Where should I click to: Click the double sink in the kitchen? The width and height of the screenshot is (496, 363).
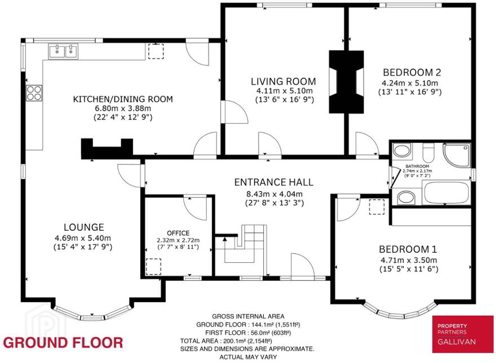[63, 51]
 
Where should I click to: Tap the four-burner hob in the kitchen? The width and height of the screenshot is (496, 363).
[34, 93]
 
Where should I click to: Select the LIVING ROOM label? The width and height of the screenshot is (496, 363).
[284, 82]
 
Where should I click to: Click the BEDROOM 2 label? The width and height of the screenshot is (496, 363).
[412, 73]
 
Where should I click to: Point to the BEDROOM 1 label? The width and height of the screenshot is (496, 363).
[408, 249]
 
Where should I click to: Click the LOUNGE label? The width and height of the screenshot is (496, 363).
[84, 227]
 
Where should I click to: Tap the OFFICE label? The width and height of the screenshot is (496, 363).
[178, 233]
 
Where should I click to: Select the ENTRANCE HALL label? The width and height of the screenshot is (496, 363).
[274, 182]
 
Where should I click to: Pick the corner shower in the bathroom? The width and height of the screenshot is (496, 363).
[457, 155]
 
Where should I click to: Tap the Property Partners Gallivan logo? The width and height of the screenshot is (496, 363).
[463, 334]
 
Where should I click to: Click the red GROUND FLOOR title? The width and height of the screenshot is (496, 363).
[63, 343]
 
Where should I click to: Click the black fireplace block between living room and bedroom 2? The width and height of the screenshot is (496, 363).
[347, 82]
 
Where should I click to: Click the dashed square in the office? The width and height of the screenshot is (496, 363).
[153, 266]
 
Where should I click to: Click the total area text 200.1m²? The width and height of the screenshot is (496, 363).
[226, 341]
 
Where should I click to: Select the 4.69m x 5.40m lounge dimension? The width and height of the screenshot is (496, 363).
[83, 238]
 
